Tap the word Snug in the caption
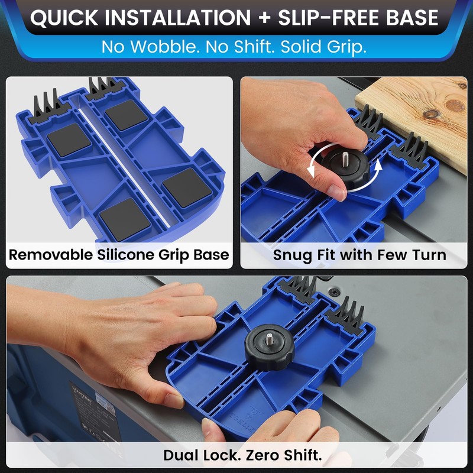pyautogui.click(x=290, y=255)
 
